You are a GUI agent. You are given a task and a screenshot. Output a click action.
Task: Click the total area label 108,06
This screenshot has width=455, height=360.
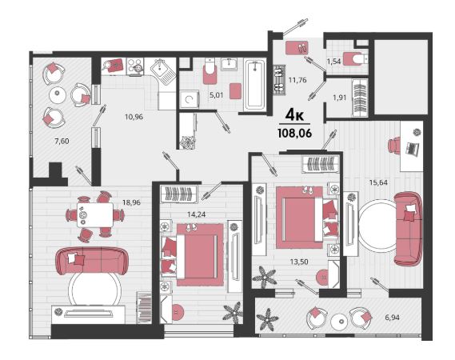[x=294, y=134]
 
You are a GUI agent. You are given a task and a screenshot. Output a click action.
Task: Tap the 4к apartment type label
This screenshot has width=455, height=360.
[x=294, y=116]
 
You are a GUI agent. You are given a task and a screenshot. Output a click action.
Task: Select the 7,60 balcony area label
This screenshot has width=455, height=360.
[x=62, y=141]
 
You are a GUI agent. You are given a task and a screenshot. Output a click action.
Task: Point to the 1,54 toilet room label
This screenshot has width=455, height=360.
[x=333, y=62]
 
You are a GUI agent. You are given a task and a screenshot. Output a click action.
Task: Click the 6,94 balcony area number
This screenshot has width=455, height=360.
[x=392, y=318]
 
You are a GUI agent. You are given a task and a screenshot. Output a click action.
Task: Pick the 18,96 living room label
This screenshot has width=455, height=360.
[x=131, y=202]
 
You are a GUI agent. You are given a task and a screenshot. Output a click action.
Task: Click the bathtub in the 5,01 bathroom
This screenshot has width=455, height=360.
[x=254, y=84]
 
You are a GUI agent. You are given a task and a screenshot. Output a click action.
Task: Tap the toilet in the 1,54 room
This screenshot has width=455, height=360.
[x=356, y=58]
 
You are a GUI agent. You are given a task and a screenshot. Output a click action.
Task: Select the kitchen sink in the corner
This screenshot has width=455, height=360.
[x=162, y=71]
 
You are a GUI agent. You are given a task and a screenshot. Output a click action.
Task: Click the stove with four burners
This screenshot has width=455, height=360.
[x=135, y=66]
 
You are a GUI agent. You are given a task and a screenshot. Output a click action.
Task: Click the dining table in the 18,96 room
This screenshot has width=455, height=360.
[x=95, y=215]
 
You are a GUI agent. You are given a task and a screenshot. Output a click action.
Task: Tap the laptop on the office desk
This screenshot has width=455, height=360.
[x=413, y=148]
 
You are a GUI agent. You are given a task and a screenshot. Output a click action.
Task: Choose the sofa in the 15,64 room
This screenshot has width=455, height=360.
[x=407, y=228]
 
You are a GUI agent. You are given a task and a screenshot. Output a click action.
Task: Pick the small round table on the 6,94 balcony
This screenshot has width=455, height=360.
[x=339, y=322]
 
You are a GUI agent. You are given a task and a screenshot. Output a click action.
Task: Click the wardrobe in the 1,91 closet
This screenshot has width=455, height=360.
[x=360, y=98]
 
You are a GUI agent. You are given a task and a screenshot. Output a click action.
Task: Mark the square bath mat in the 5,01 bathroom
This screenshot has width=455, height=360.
[x=236, y=91]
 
